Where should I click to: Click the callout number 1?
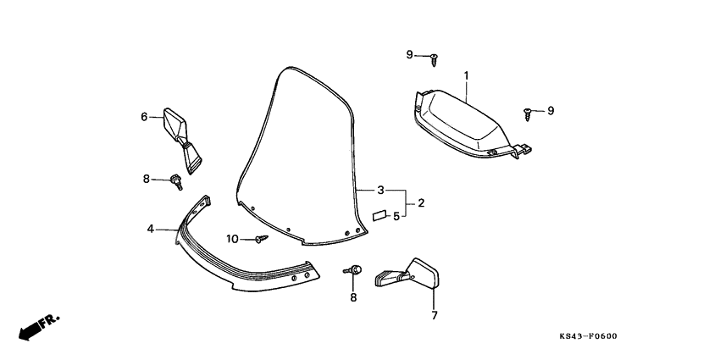click(466, 75)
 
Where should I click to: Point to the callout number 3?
click(381, 190)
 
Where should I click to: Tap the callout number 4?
click(150, 228)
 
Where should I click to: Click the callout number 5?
click(396, 216)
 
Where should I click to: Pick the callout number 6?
click(144, 116)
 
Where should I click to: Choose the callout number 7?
click(434, 316)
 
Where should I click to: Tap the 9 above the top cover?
click(409, 55)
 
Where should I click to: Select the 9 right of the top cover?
click(550, 110)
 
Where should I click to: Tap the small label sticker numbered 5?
click(380, 215)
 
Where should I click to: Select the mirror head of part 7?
click(424, 273)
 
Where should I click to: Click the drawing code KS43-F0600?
click(588, 336)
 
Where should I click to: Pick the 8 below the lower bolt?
click(353, 296)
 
